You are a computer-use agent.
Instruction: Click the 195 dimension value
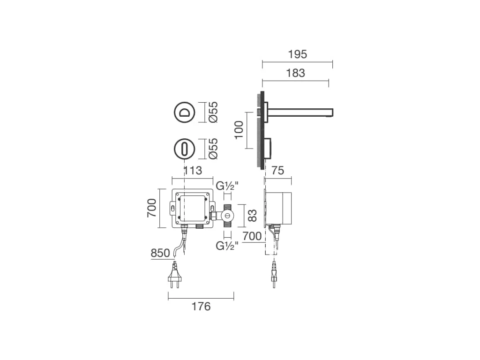coord(297,54)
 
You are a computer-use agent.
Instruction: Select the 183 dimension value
coord(295,73)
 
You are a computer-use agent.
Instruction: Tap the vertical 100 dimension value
coord(239,130)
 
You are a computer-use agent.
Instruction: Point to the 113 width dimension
coord(193,171)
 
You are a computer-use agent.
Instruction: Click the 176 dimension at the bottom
coord(201,307)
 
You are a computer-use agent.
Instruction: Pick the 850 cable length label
coord(160,253)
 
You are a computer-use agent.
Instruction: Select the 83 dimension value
coord(252,216)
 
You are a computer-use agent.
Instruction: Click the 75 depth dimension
coord(277,171)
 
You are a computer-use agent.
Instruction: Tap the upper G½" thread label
coord(227,186)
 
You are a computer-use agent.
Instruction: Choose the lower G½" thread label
coord(227,246)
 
